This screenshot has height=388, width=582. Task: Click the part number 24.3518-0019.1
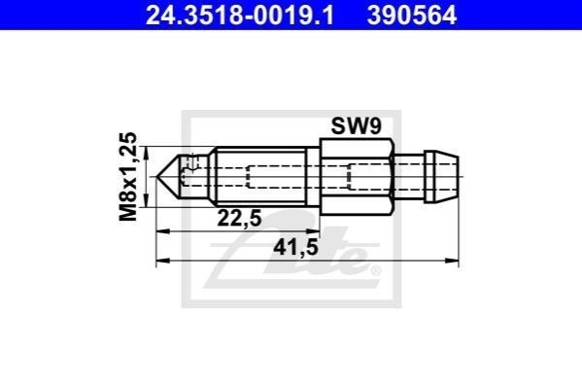click(x=240, y=16)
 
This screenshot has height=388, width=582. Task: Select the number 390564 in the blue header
click(x=412, y=16)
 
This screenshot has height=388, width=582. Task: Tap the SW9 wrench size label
click(x=356, y=126)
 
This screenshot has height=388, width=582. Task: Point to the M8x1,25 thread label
click(x=128, y=177)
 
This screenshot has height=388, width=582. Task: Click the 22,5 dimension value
click(x=239, y=218)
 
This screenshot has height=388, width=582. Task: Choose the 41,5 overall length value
click(x=295, y=247)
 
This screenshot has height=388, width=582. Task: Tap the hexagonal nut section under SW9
click(x=357, y=177)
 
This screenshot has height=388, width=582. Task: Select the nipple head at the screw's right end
click(x=442, y=177)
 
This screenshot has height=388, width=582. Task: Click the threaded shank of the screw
click(x=261, y=177)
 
